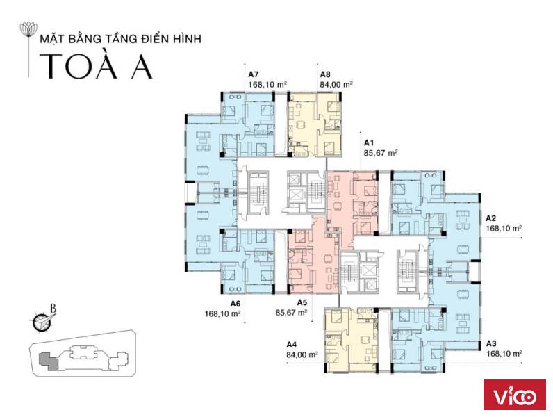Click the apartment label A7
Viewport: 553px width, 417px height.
[x=254, y=74]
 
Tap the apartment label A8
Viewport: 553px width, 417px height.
[x=325, y=74]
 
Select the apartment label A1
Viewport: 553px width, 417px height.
[x=369, y=143]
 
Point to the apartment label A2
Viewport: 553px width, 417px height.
[x=491, y=218]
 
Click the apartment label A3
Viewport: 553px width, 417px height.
[x=491, y=343]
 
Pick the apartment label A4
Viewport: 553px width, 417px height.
[x=292, y=344]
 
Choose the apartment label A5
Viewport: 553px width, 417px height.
[x=302, y=302]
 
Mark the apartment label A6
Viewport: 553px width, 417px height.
[x=236, y=304]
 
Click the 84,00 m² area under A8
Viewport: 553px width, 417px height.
[x=337, y=85]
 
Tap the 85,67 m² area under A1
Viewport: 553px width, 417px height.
[x=381, y=153]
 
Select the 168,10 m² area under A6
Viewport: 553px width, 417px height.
[x=223, y=313]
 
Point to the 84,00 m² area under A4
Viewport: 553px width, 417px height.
[x=303, y=354]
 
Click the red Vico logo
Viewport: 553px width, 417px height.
[x=515, y=395]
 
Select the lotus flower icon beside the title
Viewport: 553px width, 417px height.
[x=28, y=30]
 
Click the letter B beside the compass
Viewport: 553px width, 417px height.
[x=53, y=309]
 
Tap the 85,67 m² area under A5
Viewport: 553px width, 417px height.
[x=291, y=313]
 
